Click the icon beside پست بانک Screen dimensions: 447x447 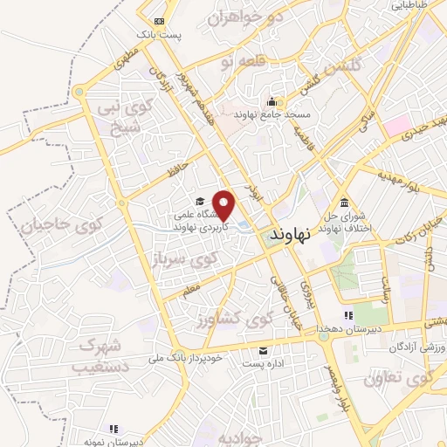[x=158, y=21]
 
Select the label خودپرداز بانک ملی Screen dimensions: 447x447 [x=194, y=359]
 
